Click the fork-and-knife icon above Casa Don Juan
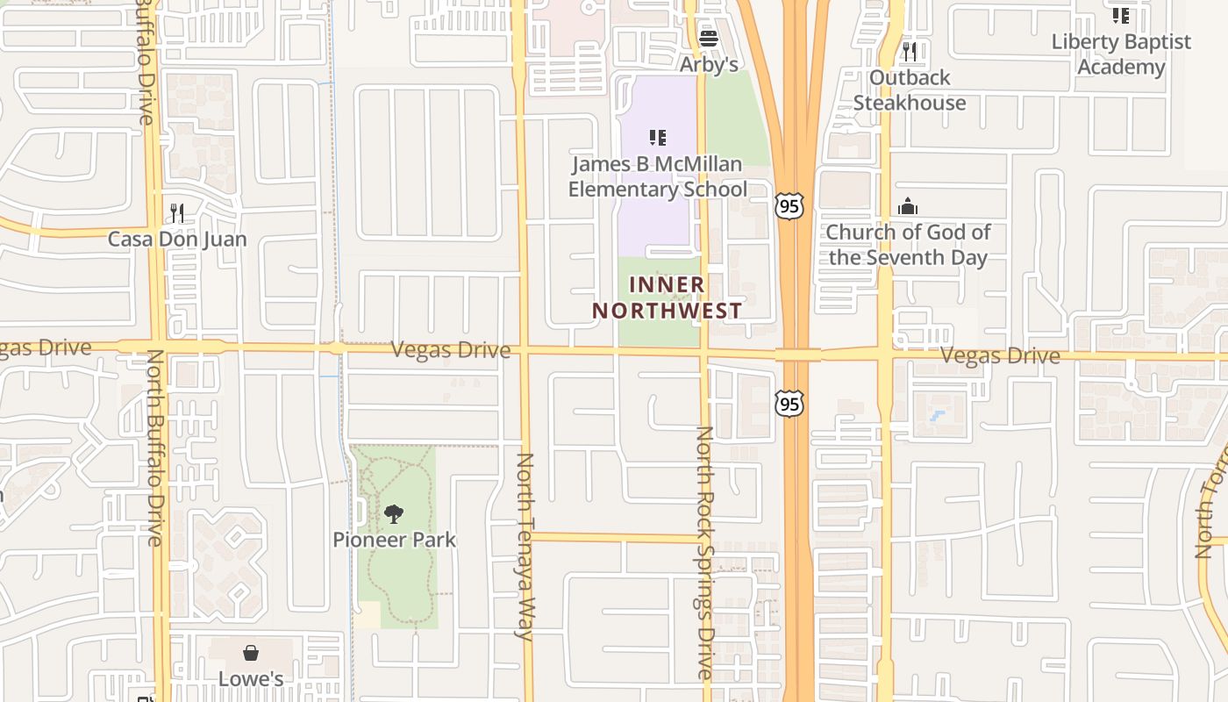(176, 212)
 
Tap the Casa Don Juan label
(177, 239)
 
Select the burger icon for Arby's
(709, 38)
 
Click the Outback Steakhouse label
(910, 90)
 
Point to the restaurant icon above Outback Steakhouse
(910, 51)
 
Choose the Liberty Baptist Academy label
(1121, 54)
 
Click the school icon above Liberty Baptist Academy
(1121, 15)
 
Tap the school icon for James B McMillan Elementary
(658, 137)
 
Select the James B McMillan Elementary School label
(658, 176)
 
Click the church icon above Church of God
(908, 207)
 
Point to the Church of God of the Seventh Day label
(908, 245)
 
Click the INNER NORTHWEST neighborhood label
(667, 297)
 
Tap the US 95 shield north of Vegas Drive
(789, 207)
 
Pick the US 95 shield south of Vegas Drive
(789, 403)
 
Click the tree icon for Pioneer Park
(394, 513)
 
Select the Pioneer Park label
(394, 539)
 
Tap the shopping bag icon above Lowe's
(251, 653)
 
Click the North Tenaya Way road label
(525, 546)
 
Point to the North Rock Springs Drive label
(705, 553)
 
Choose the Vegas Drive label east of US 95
(1000, 355)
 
